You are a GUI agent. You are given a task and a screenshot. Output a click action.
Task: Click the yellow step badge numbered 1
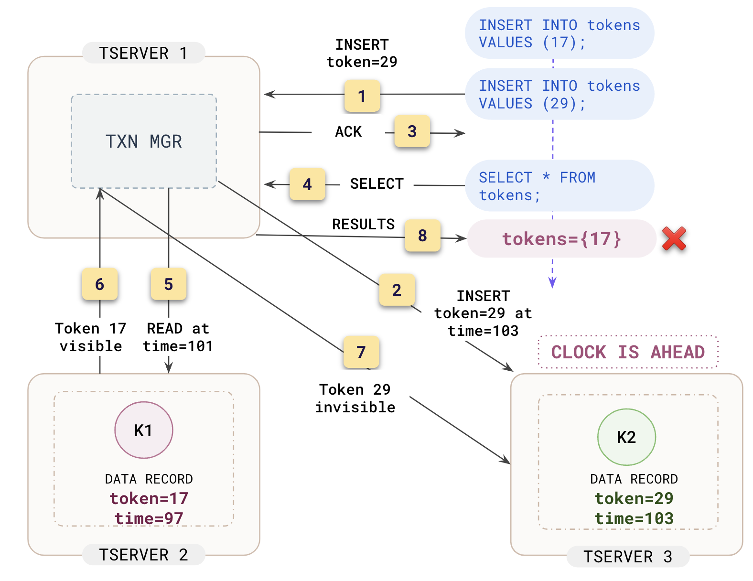[x=362, y=96]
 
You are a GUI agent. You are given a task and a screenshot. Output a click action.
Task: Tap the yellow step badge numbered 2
[x=397, y=290]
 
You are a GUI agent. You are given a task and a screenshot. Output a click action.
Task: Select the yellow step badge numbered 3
[x=412, y=131]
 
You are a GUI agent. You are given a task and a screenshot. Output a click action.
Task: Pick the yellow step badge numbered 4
[x=307, y=184]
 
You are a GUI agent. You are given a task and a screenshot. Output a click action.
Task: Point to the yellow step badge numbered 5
[x=168, y=284]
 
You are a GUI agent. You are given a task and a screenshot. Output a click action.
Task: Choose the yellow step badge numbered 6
[x=99, y=284]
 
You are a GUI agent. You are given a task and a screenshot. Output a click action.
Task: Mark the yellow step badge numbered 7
[x=361, y=352]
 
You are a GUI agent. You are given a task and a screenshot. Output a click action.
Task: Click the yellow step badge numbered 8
[x=422, y=235]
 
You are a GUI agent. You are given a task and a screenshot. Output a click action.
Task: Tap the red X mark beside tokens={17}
[x=674, y=238]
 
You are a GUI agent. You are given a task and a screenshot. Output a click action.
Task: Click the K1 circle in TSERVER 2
[x=143, y=430]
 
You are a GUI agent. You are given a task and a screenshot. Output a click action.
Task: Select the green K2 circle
[x=626, y=437]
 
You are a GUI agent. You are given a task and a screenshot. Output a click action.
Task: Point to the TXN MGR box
[x=144, y=141]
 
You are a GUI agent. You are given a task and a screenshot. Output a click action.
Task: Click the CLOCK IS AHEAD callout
[x=628, y=352]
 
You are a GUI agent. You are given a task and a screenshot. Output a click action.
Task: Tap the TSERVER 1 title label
[x=143, y=53]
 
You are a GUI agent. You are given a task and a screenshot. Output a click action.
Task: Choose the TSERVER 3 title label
[x=628, y=557]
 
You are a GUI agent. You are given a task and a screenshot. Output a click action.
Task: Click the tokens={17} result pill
[x=561, y=238]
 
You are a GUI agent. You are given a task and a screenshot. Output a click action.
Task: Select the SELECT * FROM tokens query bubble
[x=559, y=186]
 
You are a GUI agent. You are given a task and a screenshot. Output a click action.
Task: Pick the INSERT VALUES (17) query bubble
[x=559, y=33]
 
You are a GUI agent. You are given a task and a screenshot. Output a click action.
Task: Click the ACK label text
[x=348, y=132]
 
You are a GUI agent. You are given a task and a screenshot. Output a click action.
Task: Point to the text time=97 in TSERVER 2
[x=149, y=518]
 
